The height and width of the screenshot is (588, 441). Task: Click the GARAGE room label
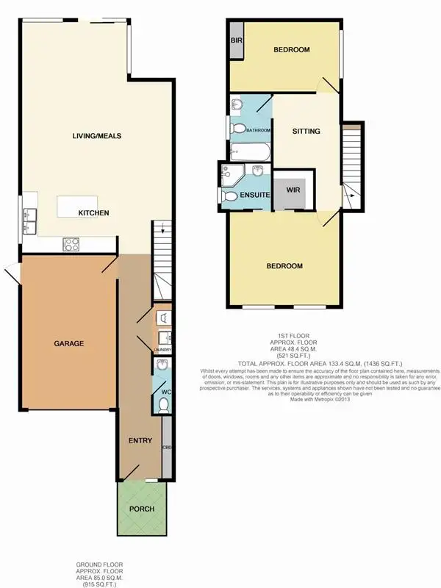click(68, 343)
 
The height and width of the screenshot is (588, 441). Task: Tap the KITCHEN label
click(94, 213)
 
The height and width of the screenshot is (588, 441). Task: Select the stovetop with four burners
click(72, 244)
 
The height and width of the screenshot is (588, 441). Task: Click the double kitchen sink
click(29, 219)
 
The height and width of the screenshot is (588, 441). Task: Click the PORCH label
click(142, 509)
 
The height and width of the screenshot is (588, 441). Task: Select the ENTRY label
click(140, 441)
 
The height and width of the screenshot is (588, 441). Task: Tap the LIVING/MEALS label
click(96, 136)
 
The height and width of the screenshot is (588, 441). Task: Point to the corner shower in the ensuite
click(230, 173)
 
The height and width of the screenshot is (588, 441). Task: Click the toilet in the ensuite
click(231, 196)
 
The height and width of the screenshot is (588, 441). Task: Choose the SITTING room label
click(306, 132)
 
